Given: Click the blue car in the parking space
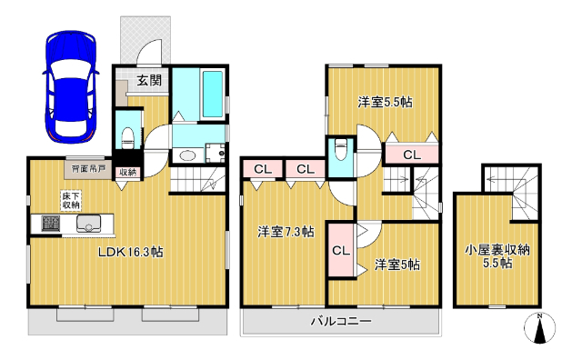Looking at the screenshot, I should click(69, 88).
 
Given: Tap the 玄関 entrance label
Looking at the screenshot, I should click(150, 80).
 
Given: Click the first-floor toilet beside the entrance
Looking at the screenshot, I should click(128, 135).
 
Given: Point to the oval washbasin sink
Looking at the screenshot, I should click(186, 155).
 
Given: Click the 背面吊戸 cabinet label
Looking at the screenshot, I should click(85, 169).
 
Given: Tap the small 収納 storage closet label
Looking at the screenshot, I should click(127, 171).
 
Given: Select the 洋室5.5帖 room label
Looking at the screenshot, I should click(384, 103).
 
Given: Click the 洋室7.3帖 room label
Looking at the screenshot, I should click(285, 231).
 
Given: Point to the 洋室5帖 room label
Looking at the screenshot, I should click(397, 264).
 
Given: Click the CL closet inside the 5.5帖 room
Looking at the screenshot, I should click(411, 155).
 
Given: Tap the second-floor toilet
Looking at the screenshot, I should click(342, 150).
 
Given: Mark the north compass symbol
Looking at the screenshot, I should click(541, 329).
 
